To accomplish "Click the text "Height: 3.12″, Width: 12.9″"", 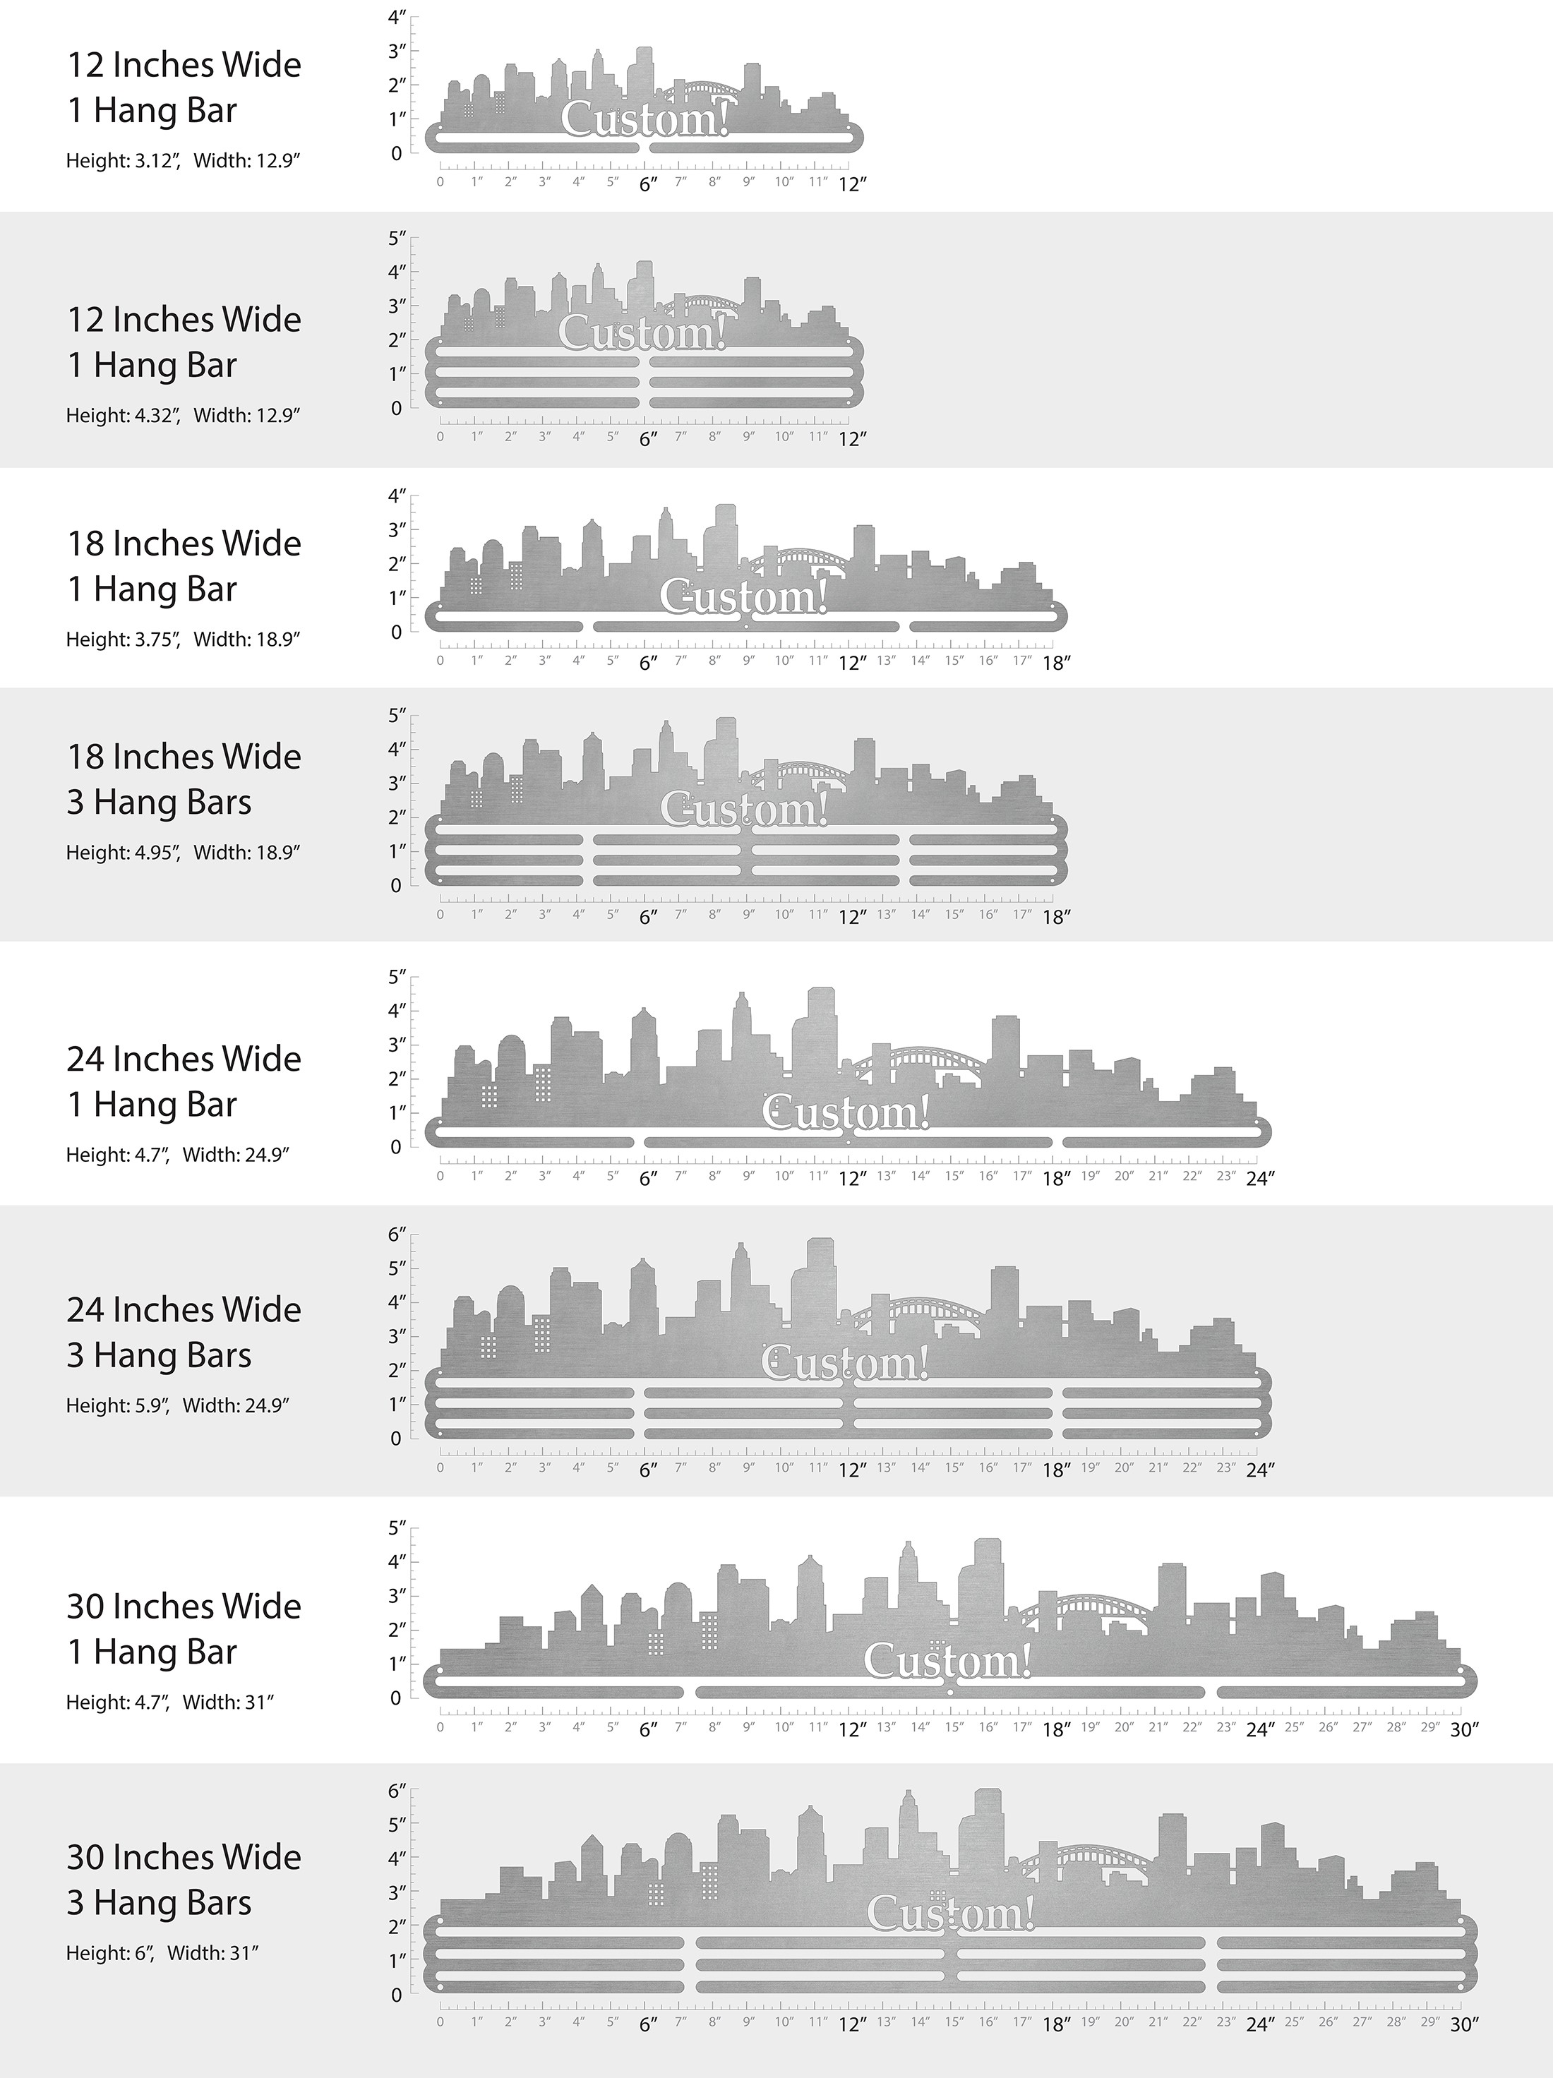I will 182,161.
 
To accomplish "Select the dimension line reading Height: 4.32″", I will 182,415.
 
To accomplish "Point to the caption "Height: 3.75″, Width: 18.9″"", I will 182,639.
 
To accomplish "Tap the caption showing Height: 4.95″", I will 182,853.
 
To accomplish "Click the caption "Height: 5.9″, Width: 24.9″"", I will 176,1406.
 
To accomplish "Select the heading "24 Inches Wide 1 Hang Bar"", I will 184,1081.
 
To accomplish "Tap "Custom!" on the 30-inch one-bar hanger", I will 947,1661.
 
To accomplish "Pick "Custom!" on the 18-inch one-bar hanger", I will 743,596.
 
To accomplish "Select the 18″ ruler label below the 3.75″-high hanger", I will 1056,663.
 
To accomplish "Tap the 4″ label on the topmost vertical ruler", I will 397,17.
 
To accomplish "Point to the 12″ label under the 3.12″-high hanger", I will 851,185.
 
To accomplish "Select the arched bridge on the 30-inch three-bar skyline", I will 1085,1862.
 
